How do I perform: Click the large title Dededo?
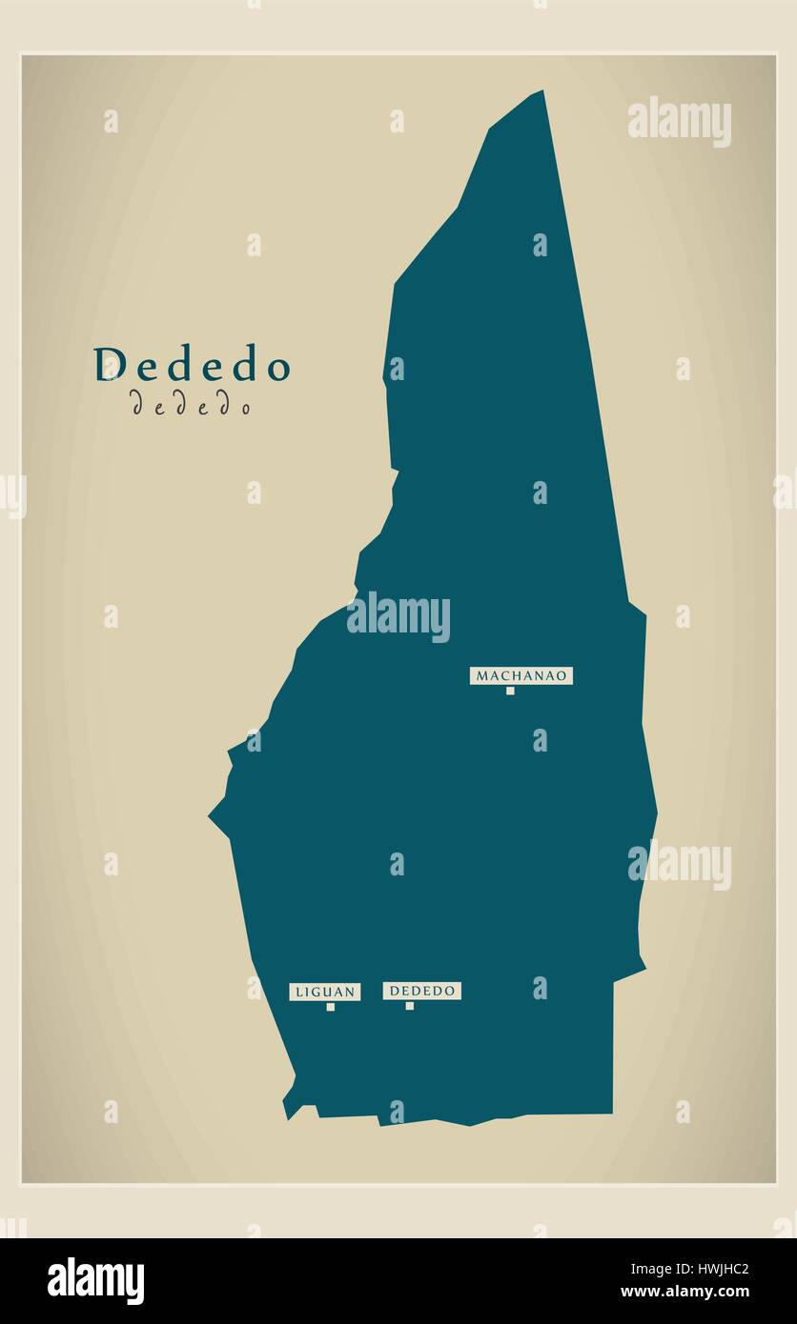click(192, 365)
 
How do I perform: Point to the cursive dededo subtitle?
click(191, 406)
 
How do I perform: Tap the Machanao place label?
click(521, 675)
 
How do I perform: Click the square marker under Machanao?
click(510, 691)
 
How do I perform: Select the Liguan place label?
click(325, 992)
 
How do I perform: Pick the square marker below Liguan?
click(331, 1007)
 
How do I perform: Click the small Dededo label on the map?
click(422, 991)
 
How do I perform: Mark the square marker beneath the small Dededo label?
click(410, 1006)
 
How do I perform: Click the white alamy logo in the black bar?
click(95, 1280)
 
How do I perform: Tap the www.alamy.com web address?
click(685, 1293)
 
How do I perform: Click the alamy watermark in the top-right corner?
click(680, 121)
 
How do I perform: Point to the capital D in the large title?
click(110, 365)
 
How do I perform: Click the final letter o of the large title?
click(277, 368)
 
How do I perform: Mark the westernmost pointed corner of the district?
click(211, 815)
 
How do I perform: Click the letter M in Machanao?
click(482, 675)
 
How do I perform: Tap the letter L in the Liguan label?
click(299, 992)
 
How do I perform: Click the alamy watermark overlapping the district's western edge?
click(398, 616)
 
